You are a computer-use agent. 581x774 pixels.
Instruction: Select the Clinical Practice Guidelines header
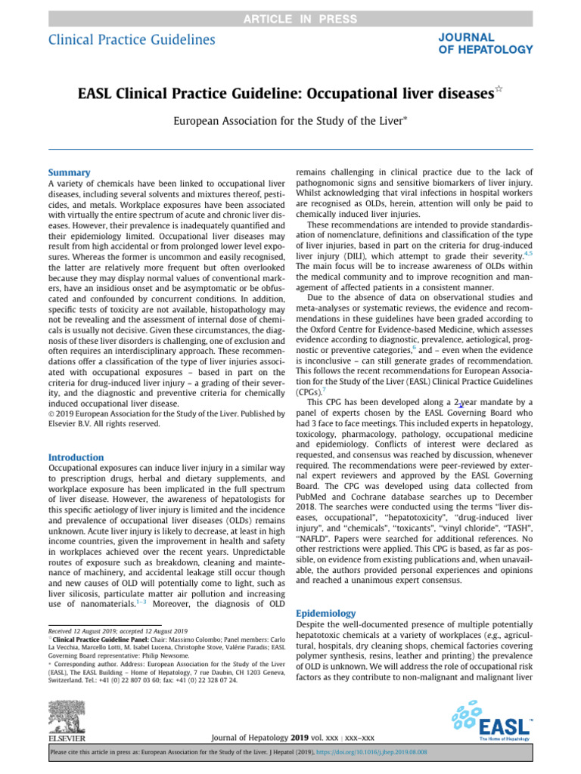pyautogui.click(x=132, y=40)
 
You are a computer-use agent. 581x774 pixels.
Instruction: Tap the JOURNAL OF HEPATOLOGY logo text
pyautogui.click(x=485, y=43)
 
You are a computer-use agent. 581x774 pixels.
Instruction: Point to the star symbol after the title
pyautogui.click(x=498, y=90)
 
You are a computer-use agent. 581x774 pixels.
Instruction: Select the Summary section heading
pyautogui.click(x=69, y=172)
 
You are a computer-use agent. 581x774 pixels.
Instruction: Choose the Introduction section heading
pyautogui.click(x=76, y=457)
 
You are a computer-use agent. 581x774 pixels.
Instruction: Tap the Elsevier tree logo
pyautogui.click(x=66, y=714)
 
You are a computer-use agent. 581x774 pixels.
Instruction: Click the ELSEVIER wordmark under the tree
pyautogui.click(x=67, y=738)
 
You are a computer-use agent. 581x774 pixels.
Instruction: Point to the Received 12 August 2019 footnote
pyautogui.click(x=117, y=630)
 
